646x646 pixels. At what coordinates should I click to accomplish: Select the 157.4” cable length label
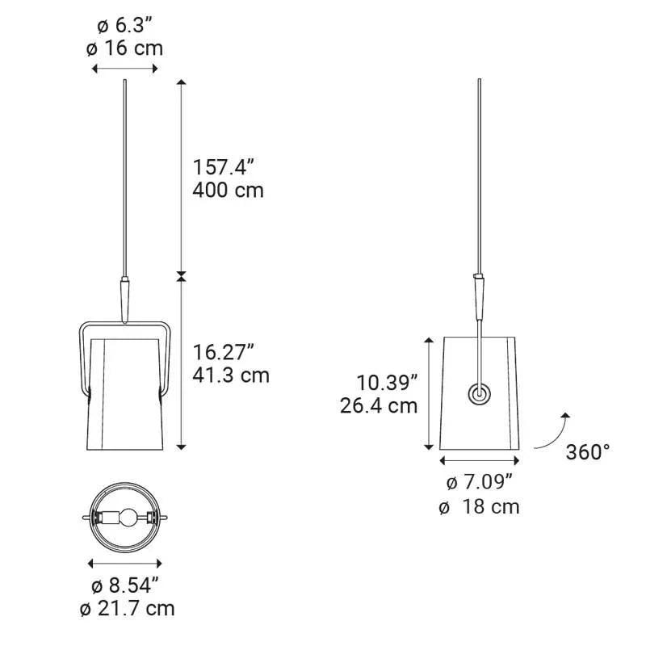click(x=224, y=167)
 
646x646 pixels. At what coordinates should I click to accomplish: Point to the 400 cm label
click(x=229, y=191)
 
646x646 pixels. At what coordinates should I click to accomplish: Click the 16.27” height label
click(x=224, y=352)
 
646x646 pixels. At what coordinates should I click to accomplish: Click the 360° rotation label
click(x=588, y=451)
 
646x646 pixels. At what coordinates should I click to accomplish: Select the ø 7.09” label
click(x=480, y=483)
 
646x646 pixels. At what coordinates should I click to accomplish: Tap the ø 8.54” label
click(x=125, y=584)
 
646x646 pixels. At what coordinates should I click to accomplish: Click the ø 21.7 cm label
click(x=127, y=608)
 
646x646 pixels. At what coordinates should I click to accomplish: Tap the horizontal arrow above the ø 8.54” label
click(x=125, y=563)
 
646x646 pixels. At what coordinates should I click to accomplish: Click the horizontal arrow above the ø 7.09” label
click(x=480, y=461)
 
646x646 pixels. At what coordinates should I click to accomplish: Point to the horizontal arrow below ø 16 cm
click(x=124, y=69)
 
